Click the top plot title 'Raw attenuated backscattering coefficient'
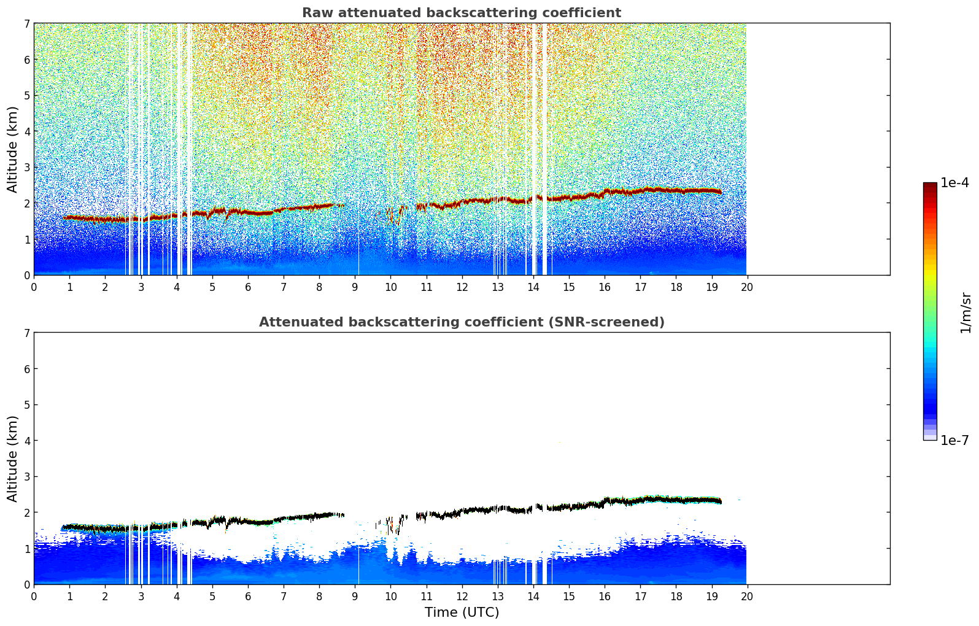pos(461,13)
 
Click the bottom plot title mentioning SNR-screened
pos(461,322)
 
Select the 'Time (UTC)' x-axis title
pos(462,612)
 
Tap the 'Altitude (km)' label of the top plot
pos(13,149)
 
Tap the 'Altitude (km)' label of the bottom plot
pos(13,458)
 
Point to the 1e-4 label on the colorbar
pos(954,183)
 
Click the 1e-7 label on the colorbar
pos(954,440)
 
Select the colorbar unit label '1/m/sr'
pos(965,312)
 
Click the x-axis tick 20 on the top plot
pos(746,287)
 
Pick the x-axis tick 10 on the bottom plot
pos(390,596)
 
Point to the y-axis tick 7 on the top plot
pos(27,23)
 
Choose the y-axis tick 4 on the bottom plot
pos(27,441)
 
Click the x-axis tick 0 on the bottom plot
pos(34,596)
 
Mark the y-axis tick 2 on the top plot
pos(27,203)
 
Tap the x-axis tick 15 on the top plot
pos(568,287)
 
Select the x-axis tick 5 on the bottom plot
pos(212,596)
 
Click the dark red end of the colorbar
pos(930,186)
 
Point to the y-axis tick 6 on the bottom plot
pos(27,369)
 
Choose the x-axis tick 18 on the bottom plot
pos(676,596)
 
